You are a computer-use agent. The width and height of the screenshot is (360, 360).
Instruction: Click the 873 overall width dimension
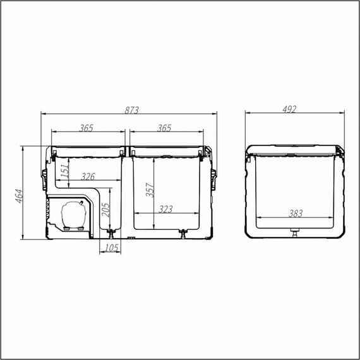pyautogui.click(x=131, y=110)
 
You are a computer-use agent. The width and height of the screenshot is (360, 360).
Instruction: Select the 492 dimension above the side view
pyautogui.click(x=289, y=109)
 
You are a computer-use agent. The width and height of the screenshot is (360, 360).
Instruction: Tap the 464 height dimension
pyautogui.click(x=20, y=196)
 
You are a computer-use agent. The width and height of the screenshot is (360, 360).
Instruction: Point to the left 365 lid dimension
pyautogui.click(x=86, y=128)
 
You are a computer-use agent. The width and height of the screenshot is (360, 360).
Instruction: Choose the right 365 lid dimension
pyautogui.click(x=164, y=128)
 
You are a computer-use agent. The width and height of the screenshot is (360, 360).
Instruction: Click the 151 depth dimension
pyautogui.click(x=65, y=171)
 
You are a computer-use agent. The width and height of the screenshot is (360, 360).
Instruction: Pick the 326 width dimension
pyautogui.click(x=88, y=177)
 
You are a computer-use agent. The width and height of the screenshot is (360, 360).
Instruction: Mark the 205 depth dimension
pyautogui.click(x=106, y=210)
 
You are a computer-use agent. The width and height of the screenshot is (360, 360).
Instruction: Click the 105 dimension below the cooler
pyautogui.click(x=112, y=248)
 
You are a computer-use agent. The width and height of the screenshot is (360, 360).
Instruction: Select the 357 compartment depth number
pyautogui.click(x=150, y=190)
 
